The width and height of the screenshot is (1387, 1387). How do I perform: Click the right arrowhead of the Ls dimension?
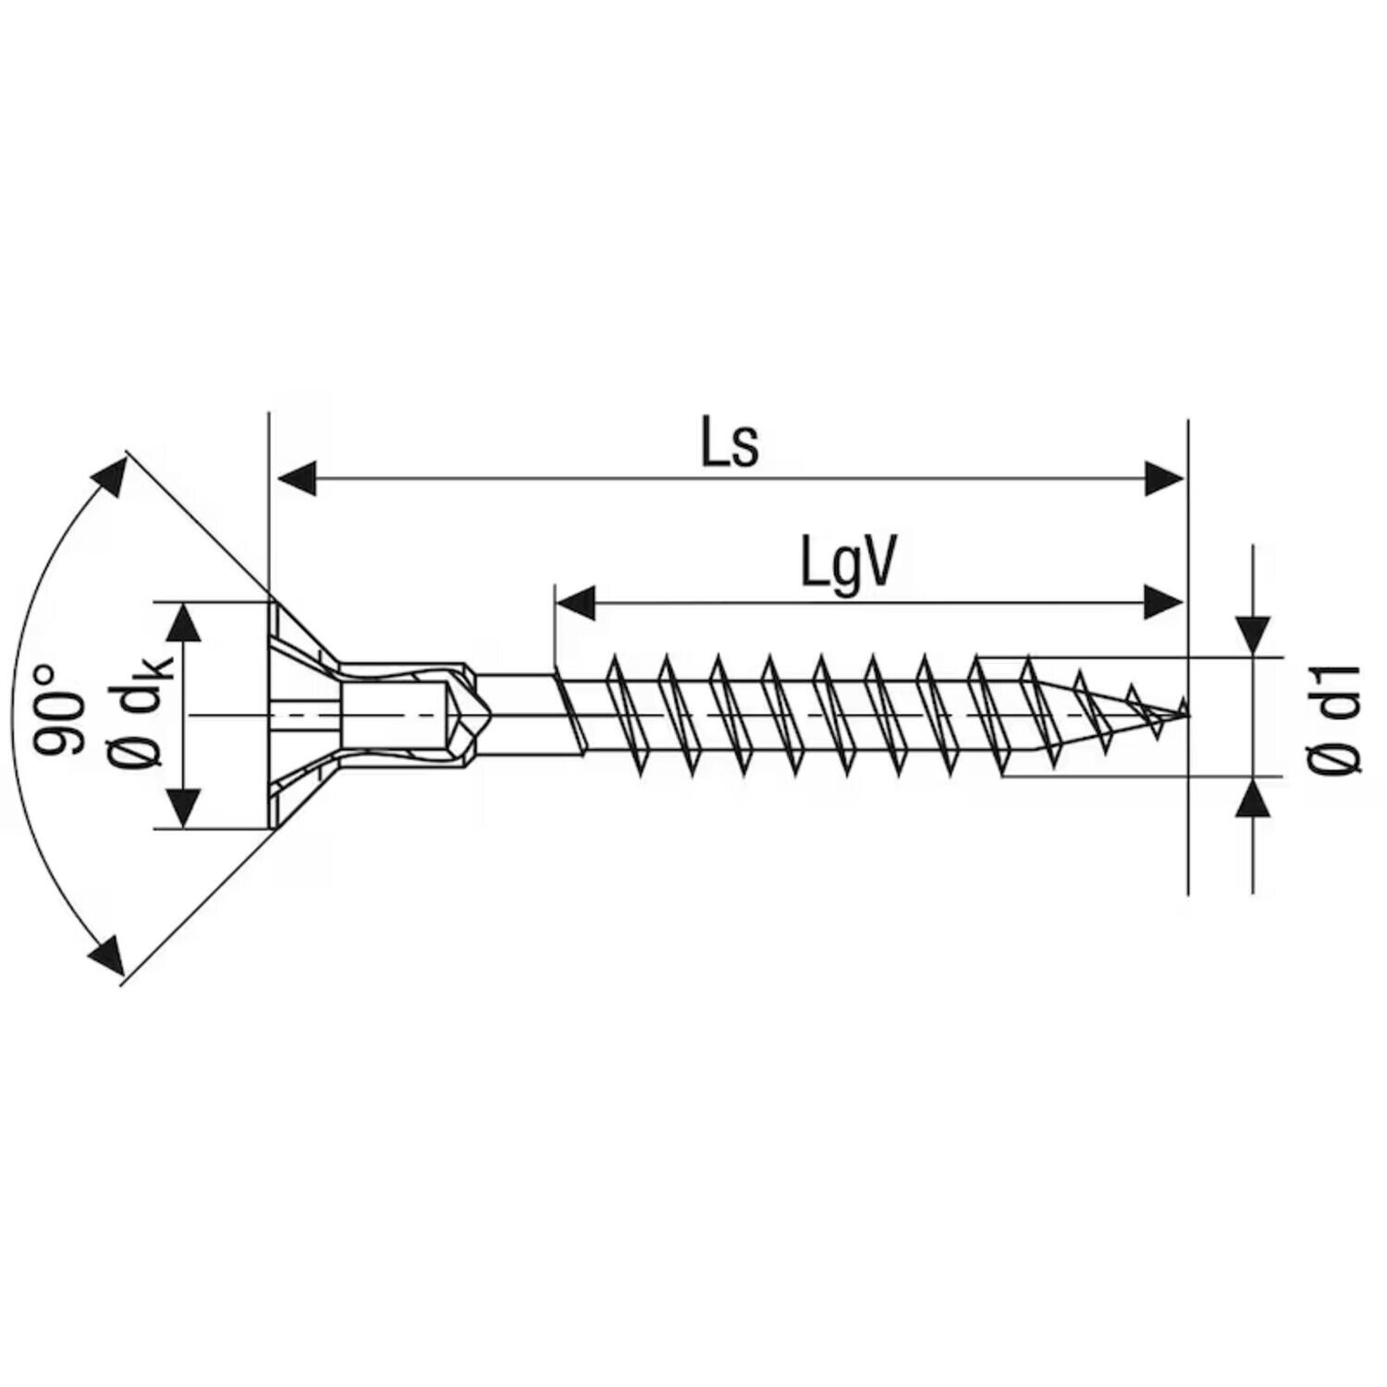1163,479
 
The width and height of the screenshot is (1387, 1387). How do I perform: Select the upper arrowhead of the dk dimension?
187,622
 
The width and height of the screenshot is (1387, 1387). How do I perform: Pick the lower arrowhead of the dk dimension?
187,807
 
